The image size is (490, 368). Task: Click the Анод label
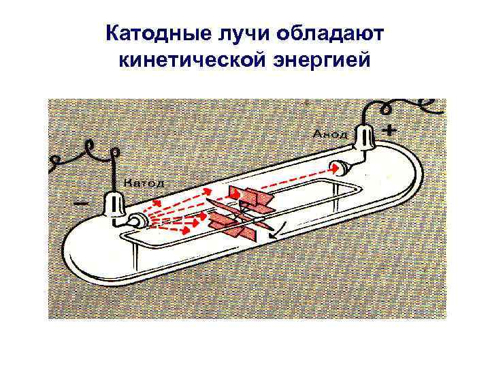point(329,134)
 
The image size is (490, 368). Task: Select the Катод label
point(144,183)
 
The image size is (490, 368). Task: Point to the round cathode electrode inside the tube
point(135,219)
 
